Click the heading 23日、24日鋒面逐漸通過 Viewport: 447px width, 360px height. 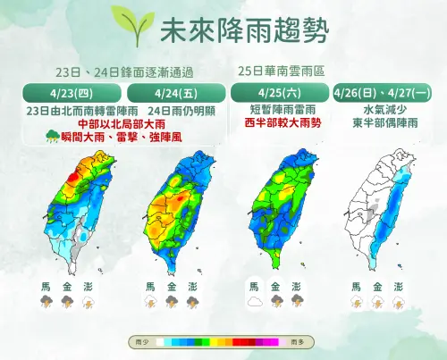123,71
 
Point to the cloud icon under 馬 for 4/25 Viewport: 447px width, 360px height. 255,303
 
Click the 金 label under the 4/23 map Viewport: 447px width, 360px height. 66,287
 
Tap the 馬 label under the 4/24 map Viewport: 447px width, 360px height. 149,287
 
